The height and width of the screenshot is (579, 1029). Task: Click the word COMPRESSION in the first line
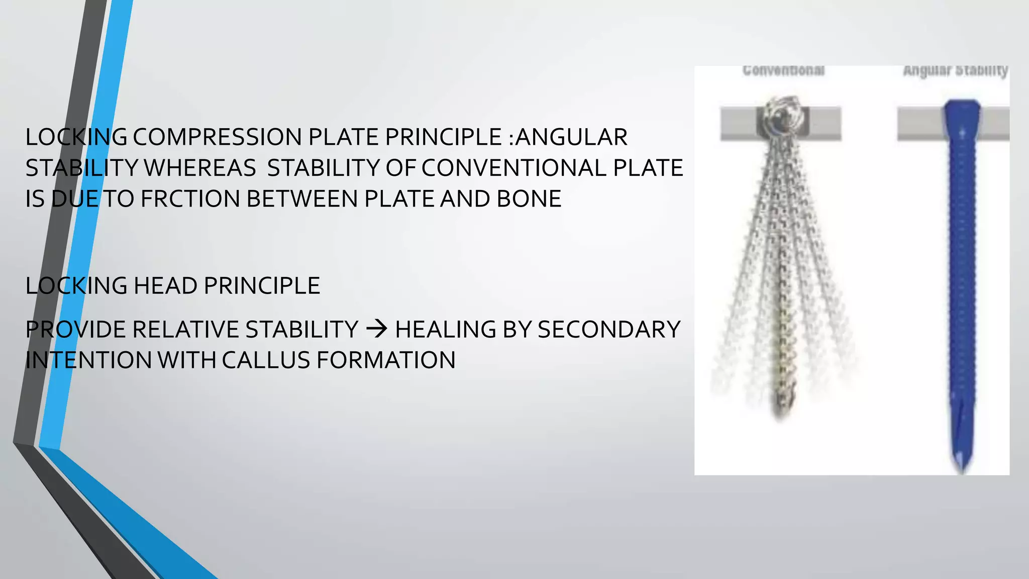pyautogui.click(x=217, y=137)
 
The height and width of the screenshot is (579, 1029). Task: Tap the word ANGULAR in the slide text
pyautogui.click(x=572, y=137)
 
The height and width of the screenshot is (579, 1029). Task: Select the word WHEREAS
pyautogui.click(x=200, y=168)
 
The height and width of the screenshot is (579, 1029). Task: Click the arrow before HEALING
pyautogui.click(x=376, y=329)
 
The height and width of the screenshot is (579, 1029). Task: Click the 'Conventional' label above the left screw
pyautogui.click(x=783, y=70)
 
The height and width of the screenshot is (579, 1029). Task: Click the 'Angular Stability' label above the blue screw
pyautogui.click(x=955, y=70)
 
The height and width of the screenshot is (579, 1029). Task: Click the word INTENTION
pyautogui.click(x=88, y=360)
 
